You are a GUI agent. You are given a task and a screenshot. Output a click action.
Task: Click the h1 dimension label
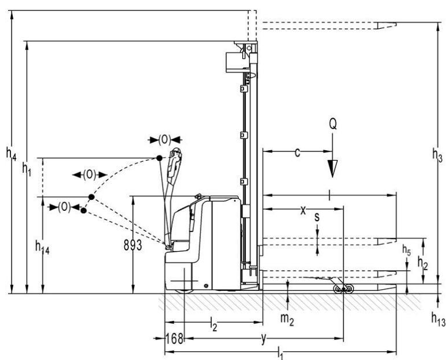click(x=27, y=168)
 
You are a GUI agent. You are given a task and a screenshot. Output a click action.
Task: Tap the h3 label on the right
click(x=437, y=154)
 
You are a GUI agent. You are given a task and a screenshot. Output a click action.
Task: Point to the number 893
click(x=133, y=245)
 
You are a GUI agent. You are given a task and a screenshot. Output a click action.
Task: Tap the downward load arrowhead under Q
click(x=332, y=168)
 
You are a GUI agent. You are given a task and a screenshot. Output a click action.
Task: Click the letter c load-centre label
click(x=297, y=152)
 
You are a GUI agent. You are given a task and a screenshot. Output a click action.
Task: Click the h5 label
click(x=407, y=251)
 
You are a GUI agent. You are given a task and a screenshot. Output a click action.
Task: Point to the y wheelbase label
click(x=263, y=339)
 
